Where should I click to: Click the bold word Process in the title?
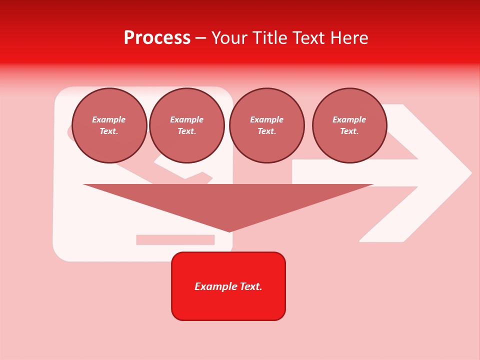click(x=157, y=38)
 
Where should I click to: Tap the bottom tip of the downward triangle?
click(x=229, y=231)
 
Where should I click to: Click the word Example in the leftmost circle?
click(x=109, y=119)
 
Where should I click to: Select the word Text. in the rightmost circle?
click(x=349, y=131)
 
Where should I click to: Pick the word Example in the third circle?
click(x=266, y=119)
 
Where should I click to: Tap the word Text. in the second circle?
click(x=187, y=131)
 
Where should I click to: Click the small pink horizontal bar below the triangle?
click(x=175, y=240)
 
